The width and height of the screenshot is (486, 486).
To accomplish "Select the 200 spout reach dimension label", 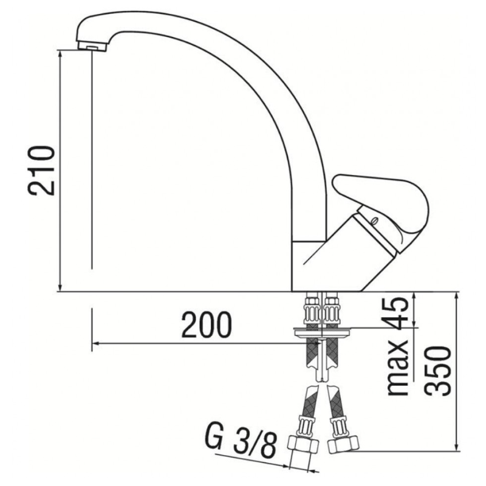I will point(207,327).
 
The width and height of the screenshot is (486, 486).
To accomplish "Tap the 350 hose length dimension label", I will point(439,371).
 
